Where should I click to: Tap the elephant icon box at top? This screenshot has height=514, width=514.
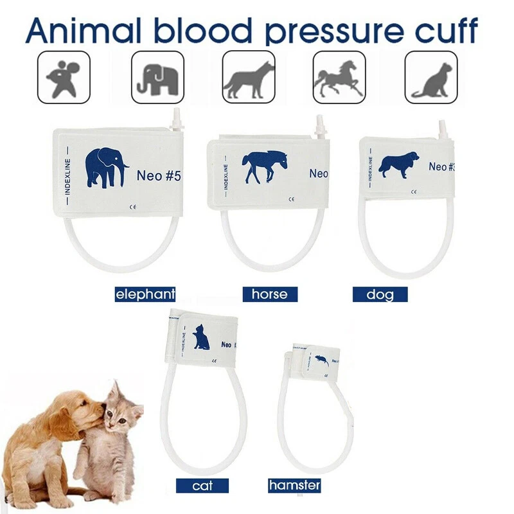(x=157, y=77)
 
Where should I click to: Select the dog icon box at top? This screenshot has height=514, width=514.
(x=248, y=77)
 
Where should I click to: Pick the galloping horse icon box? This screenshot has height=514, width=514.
(x=339, y=77)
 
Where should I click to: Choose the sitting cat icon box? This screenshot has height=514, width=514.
(x=431, y=77)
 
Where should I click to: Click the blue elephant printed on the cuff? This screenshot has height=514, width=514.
(x=106, y=168)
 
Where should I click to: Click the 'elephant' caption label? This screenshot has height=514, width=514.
(x=145, y=295)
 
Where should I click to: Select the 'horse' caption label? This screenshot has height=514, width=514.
(x=270, y=295)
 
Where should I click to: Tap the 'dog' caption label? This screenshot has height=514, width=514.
(x=380, y=295)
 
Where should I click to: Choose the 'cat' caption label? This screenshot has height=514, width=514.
(x=203, y=486)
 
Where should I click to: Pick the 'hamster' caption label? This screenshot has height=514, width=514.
(x=294, y=486)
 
